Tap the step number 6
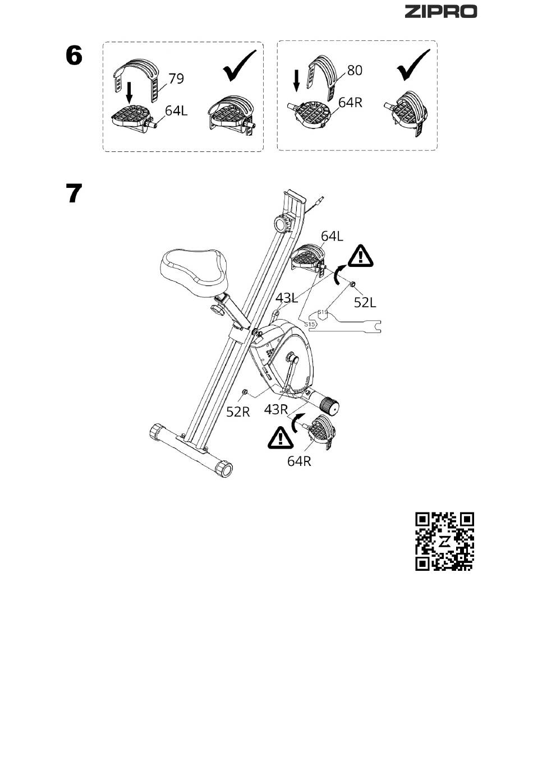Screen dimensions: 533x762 (74, 56)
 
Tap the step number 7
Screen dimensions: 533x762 (74, 193)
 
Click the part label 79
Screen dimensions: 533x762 (176, 78)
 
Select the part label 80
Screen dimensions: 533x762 (355, 71)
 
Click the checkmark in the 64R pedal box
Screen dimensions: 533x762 (413, 64)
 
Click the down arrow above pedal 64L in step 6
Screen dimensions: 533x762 (129, 93)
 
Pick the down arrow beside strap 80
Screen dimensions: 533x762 (297, 81)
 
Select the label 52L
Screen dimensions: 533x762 (365, 302)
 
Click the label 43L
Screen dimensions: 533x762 (287, 298)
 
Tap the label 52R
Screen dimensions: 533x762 (238, 412)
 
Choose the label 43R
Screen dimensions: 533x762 (276, 409)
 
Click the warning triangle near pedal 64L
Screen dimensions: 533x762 (360, 256)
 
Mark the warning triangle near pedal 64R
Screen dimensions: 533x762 (281, 437)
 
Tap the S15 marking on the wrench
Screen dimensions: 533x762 (309, 324)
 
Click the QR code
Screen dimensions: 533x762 (444, 541)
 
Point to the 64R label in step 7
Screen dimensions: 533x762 (299, 461)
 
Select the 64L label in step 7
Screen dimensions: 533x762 (332, 236)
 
